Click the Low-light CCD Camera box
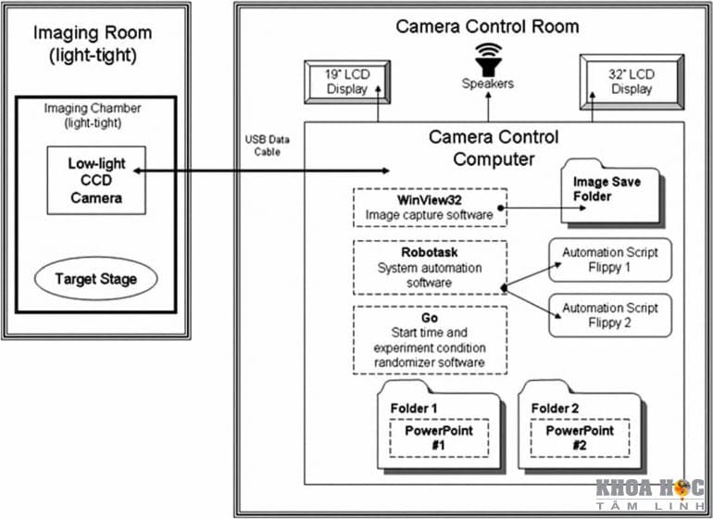(95, 181)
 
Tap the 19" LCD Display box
(346, 81)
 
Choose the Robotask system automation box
(430, 268)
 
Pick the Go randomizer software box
(430, 338)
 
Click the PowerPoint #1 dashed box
(438, 437)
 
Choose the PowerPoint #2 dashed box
(579, 437)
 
